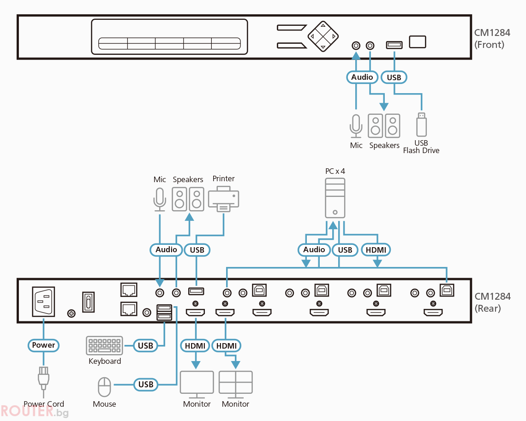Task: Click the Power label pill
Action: tap(44, 345)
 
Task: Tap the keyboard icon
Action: tap(104, 345)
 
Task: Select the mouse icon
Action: tap(104, 387)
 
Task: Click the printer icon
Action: tap(223, 199)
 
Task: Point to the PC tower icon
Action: tap(335, 198)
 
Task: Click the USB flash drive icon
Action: tap(421, 125)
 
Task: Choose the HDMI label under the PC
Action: tap(376, 250)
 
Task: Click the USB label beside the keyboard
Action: tap(145, 345)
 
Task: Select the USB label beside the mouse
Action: tap(146, 385)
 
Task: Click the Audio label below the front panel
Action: tap(362, 77)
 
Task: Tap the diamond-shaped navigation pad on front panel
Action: tap(323, 36)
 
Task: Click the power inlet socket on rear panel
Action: tap(44, 301)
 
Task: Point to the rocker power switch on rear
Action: tap(88, 302)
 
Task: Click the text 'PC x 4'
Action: tap(335, 171)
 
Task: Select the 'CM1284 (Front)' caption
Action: tap(492, 39)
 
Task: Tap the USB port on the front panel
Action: tap(394, 45)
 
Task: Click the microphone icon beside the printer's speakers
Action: tap(160, 200)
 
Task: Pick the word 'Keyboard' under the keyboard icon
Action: tap(105, 361)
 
